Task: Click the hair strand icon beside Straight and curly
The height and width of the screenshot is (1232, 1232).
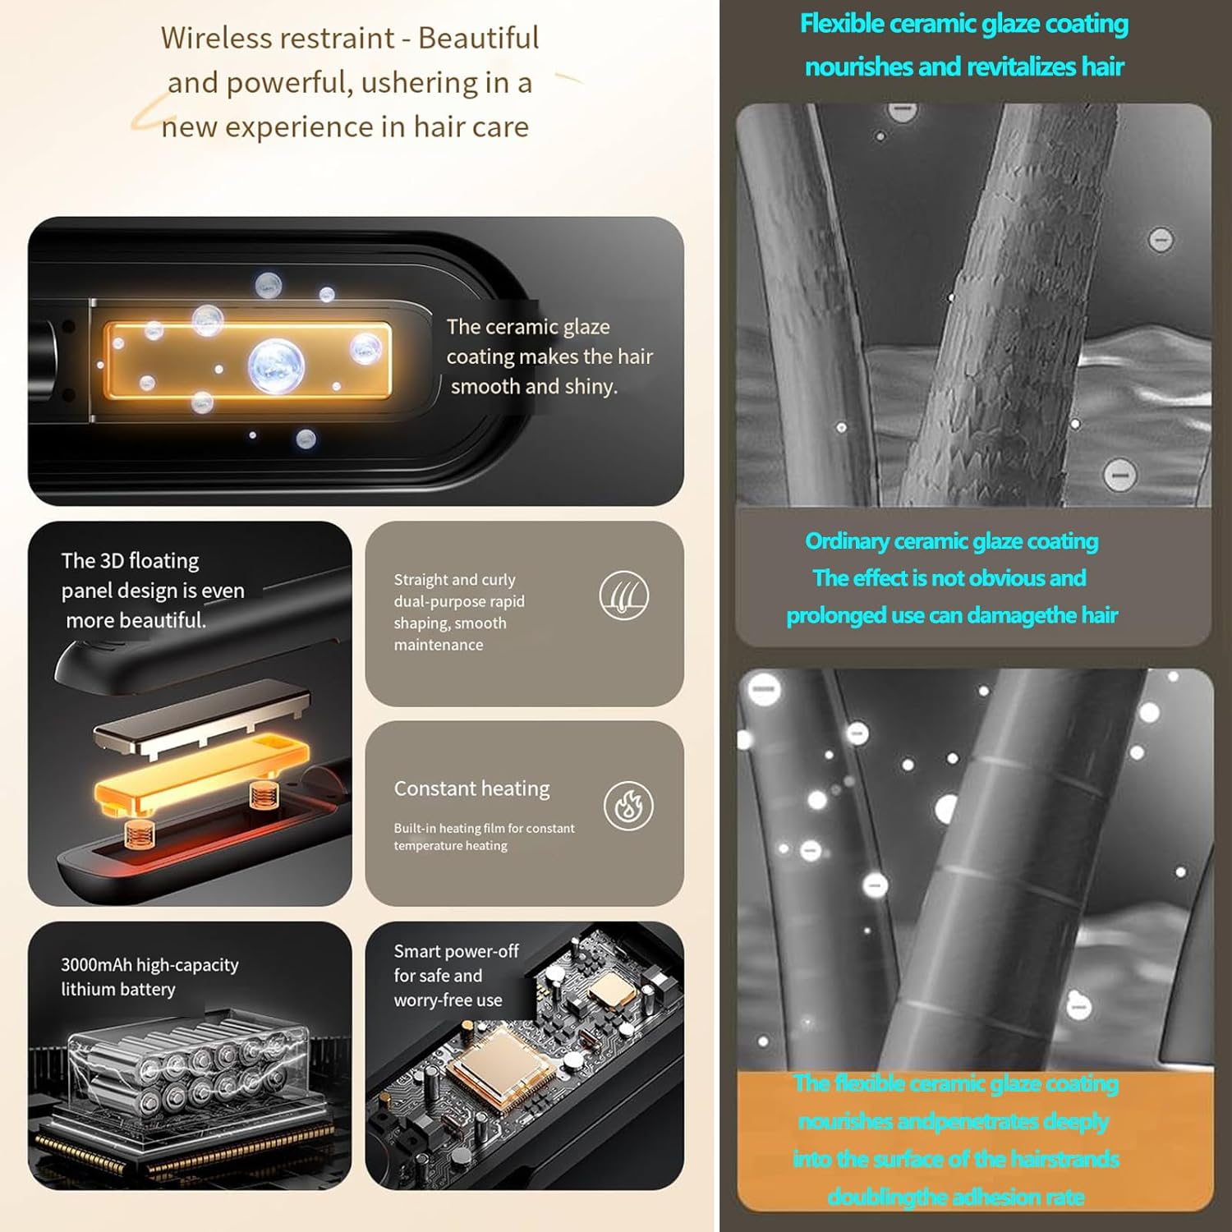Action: [624, 595]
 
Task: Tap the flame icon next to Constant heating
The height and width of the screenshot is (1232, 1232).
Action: [629, 806]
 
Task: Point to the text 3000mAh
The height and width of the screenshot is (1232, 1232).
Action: [97, 965]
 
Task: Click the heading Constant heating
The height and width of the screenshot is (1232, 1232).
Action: [471, 788]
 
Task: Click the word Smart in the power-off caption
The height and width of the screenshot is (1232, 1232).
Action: [417, 951]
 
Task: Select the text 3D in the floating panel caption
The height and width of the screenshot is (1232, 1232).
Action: [111, 561]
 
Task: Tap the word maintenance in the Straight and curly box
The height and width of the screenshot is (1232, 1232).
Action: [439, 645]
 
